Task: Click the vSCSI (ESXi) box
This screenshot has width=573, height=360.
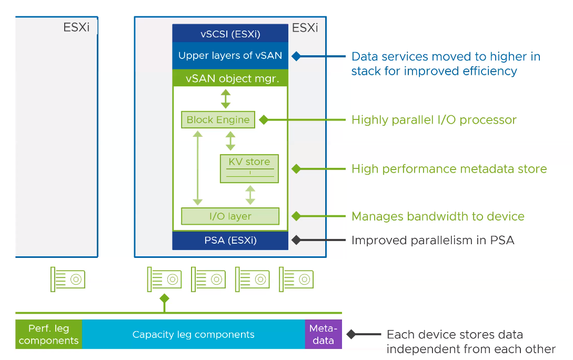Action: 230,34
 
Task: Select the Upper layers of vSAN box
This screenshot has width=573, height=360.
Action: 230,56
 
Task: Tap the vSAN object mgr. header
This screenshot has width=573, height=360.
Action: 230,78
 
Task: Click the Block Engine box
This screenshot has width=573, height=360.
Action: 218,119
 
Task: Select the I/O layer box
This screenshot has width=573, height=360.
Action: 230,216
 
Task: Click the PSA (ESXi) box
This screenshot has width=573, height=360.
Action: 230,241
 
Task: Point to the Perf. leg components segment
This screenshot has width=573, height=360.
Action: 48,334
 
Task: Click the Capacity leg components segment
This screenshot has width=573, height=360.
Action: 193,334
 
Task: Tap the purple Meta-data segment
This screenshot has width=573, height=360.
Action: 323,334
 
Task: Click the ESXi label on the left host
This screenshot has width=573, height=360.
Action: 76,27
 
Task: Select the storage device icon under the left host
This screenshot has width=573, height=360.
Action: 68,279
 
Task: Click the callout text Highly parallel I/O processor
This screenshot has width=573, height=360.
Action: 434,120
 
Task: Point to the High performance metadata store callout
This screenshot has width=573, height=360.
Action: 449,169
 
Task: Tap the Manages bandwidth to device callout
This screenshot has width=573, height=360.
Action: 438,216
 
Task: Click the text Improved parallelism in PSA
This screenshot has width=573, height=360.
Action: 433,241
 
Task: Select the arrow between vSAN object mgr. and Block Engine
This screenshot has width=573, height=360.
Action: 225,98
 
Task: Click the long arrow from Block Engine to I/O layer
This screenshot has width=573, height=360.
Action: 197,168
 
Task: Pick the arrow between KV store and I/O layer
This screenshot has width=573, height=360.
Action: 250,195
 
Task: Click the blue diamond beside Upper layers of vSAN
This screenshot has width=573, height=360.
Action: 296,56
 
